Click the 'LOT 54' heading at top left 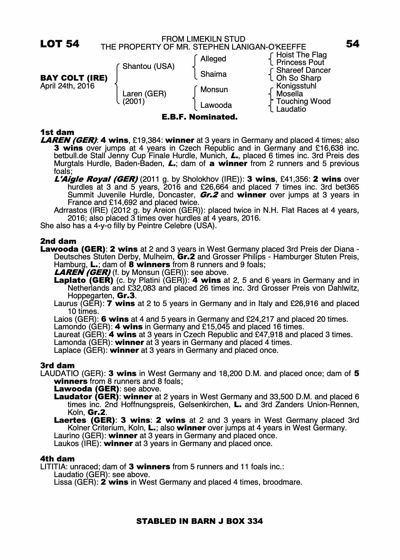(x=60, y=44)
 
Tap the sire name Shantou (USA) (x=148, y=66)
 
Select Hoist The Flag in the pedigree (x=301, y=55)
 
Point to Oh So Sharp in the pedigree (x=299, y=78)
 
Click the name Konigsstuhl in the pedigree (x=296, y=86)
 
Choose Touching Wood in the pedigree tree (x=303, y=101)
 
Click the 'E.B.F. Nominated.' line (x=200, y=117)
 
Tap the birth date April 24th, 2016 (x=68, y=86)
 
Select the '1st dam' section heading (x=57, y=132)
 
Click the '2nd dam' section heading (x=58, y=241)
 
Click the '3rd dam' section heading (x=57, y=365)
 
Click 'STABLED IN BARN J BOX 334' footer (x=199, y=521)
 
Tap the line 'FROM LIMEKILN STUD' (x=203, y=39)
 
